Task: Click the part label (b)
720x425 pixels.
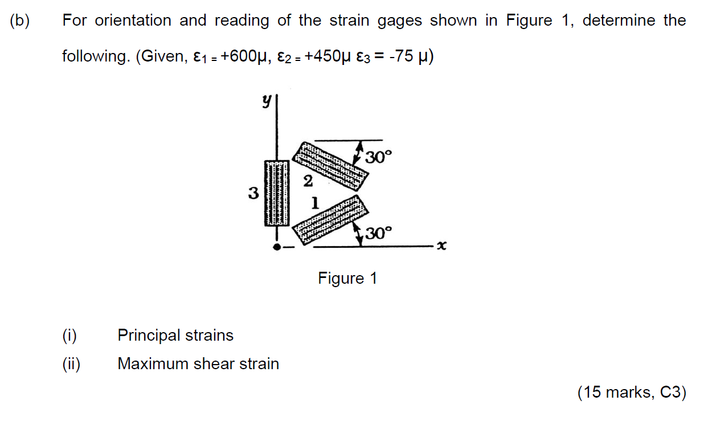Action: [19, 21]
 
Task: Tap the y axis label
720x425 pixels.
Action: [265, 101]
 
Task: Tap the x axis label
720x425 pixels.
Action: [442, 246]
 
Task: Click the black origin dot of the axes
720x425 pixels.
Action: [277, 247]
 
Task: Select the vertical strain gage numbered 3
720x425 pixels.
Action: [276, 194]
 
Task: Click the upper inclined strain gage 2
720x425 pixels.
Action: [331, 165]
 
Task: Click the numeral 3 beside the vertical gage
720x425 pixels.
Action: [253, 194]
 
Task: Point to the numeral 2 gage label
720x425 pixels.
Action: [308, 182]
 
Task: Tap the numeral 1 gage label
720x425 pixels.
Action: [314, 202]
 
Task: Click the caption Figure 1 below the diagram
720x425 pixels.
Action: [347, 279]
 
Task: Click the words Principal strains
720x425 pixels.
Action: [175, 335]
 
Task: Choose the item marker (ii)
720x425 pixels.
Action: [71, 363]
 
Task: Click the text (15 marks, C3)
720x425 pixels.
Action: [632, 393]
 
